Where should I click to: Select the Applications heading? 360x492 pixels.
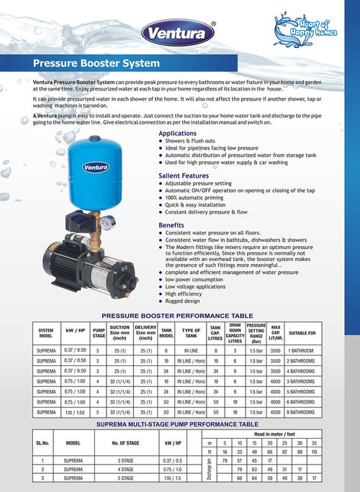click(x=177, y=134)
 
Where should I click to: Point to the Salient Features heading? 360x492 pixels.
click(x=184, y=176)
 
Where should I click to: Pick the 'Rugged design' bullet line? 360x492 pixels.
click(x=183, y=302)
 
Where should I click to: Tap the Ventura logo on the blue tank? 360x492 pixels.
click(x=95, y=168)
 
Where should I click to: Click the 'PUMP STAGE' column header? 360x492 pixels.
click(x=99, y=334)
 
